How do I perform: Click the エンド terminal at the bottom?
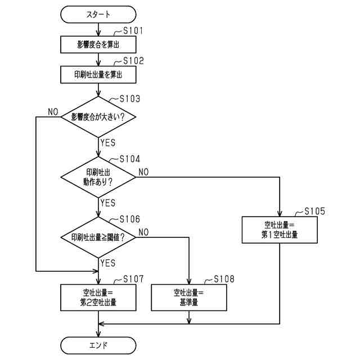98,344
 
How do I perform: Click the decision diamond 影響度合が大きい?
98,117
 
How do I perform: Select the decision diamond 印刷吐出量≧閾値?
98,237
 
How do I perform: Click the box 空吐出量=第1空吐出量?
280,229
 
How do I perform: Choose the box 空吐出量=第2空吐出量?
98,297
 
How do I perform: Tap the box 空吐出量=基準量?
189,297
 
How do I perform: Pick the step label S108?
223,279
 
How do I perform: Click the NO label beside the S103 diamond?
53,111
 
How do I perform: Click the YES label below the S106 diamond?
107,263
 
